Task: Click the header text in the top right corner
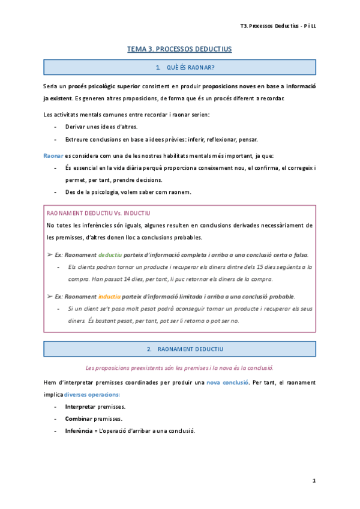(x=278, y=26)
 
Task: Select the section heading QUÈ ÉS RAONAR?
(x=185, y=67)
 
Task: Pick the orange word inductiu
(x=109, y=297)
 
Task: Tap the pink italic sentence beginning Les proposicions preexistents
(x=180, y=367)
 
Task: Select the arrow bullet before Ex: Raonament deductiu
(x=49, y=254)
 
